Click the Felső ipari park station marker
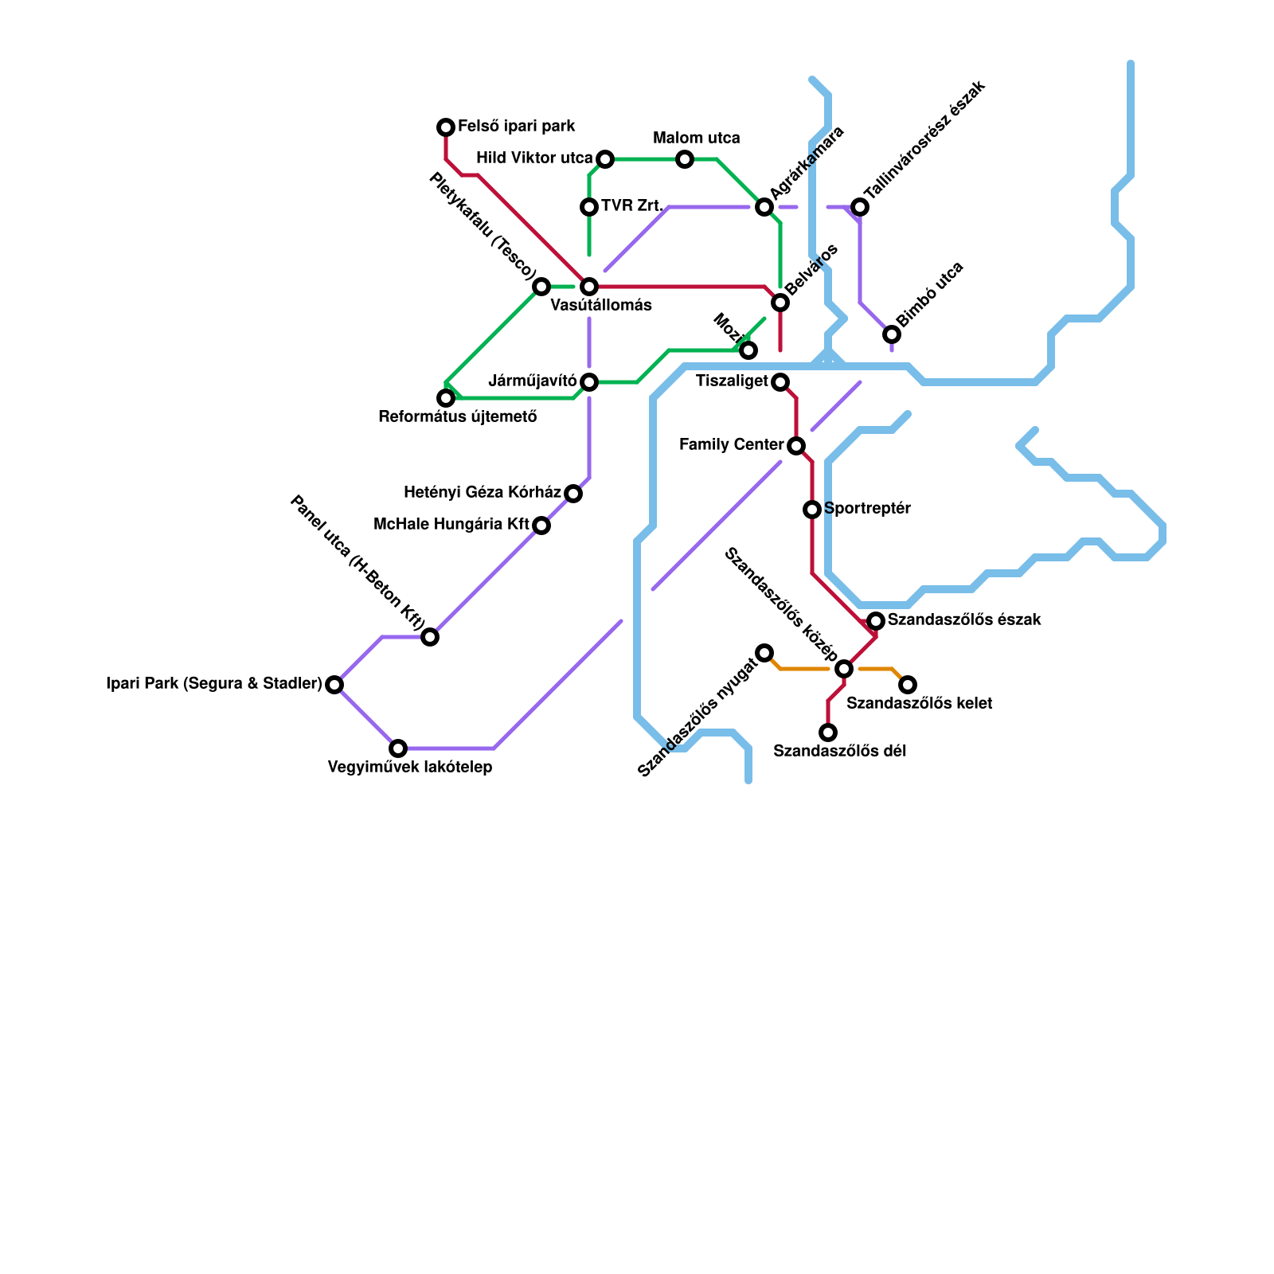coord(446,127)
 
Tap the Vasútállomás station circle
coord(589,287)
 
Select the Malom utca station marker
coord(685,159)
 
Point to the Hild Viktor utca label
coord(534,158)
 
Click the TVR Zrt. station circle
coord(589,207)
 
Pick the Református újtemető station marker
coord(446,398)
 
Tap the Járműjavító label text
coord(532,381)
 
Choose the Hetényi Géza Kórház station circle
coord(573,494)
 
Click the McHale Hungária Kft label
coord(451,525)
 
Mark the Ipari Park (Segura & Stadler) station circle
coord(334,685)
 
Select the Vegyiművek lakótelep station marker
coord(398,748)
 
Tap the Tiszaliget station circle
coord(780,382)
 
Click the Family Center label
coord(732,445)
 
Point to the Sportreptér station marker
coord(812,510)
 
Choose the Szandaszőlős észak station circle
coord(876,621)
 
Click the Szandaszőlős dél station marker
coord(828,733)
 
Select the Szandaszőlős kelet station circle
coord(908,685)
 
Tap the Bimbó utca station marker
coord(892,334)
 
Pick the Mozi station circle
coord(748,350)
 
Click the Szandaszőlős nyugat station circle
coord(764,653)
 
